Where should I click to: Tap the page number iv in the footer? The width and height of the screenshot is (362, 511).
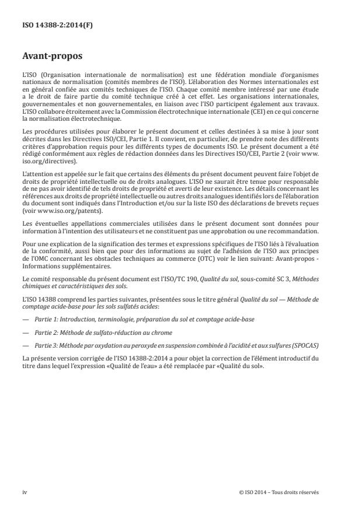click(25, 492)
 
